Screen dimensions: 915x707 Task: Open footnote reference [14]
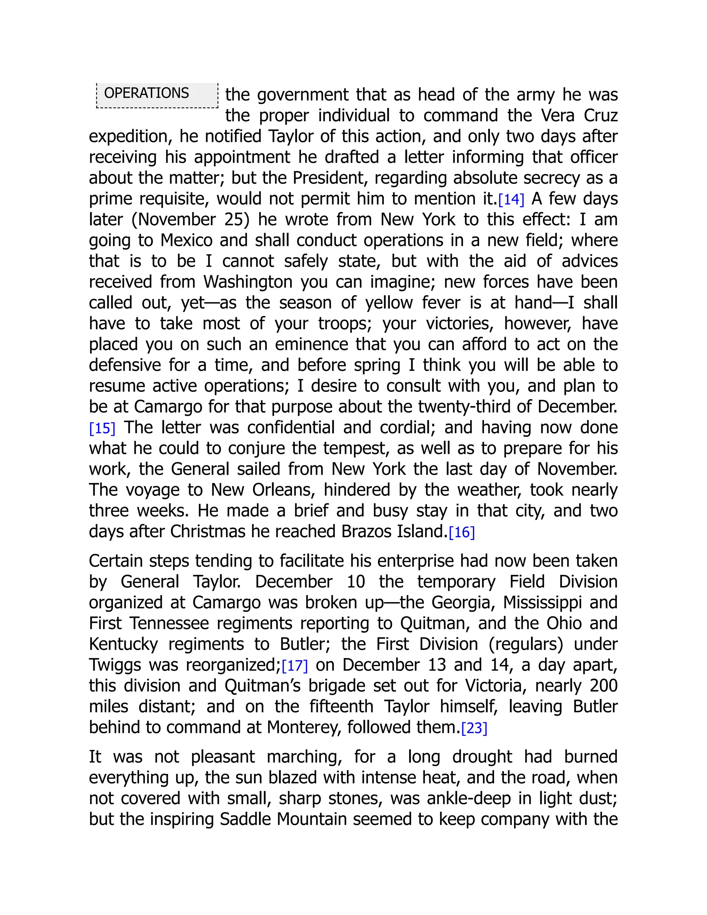point(511,200)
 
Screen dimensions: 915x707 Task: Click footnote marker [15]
point(102,428)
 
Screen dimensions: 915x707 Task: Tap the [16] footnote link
point(462,532)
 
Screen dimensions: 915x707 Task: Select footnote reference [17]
point(295,666)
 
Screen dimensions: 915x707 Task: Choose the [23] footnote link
point(474,728)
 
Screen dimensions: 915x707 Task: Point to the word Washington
point(248,282)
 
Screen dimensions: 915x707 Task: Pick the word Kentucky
point(123,644)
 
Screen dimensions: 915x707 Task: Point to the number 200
point(603,686)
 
